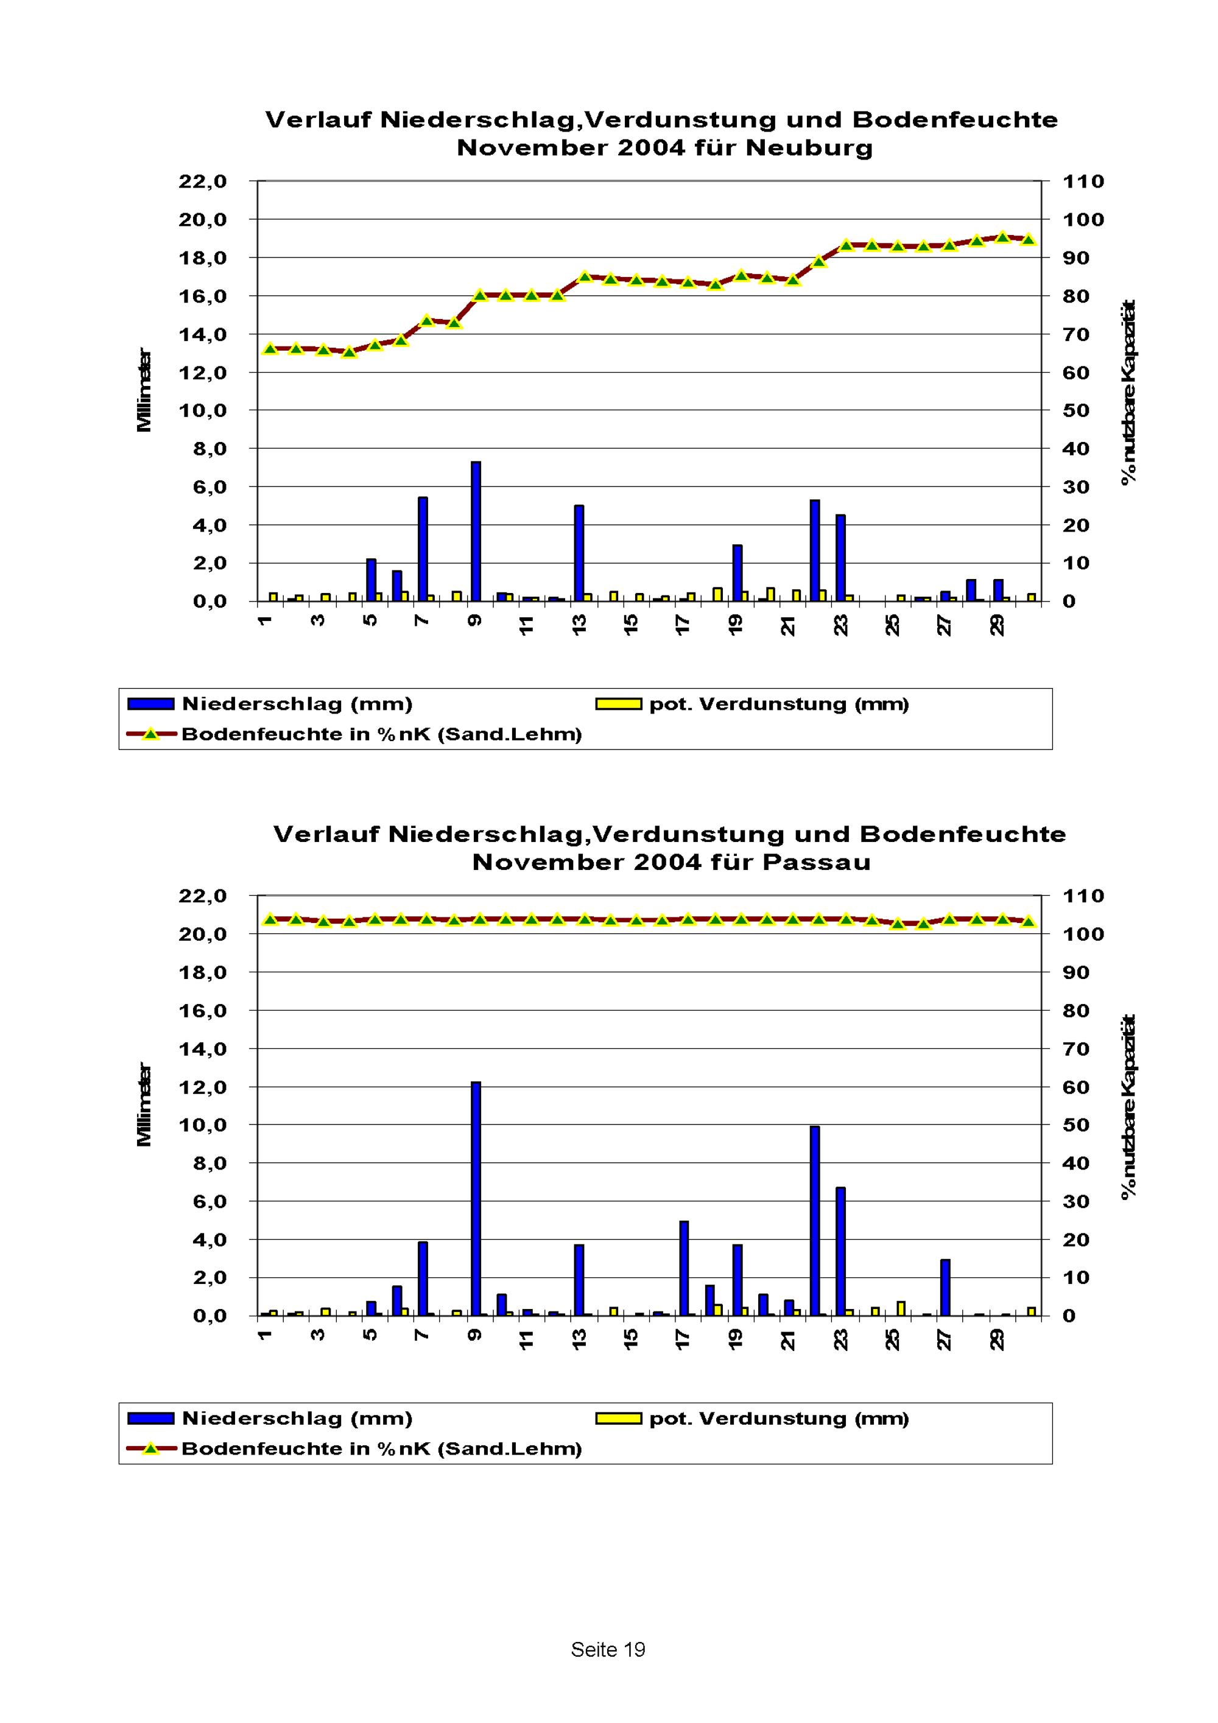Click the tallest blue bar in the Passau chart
tap(476, 1198)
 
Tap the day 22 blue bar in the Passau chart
tap(814, 1221)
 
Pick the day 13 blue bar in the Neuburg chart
tap(579, 553)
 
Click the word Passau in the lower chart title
tap(817, 862)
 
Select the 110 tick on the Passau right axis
tap(1083, 896)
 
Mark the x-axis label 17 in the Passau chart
tap(683, 1339)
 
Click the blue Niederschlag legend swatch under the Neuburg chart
tap(151, 704)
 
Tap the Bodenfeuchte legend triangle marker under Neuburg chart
tap(151, 734)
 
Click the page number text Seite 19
tap(608, 1649)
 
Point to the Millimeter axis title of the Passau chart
tap(144, 1104)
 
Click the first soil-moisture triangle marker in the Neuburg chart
tap(270, 348)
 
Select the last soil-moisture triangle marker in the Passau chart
tap(1029, 922)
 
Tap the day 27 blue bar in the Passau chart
tap(946, 1287)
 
